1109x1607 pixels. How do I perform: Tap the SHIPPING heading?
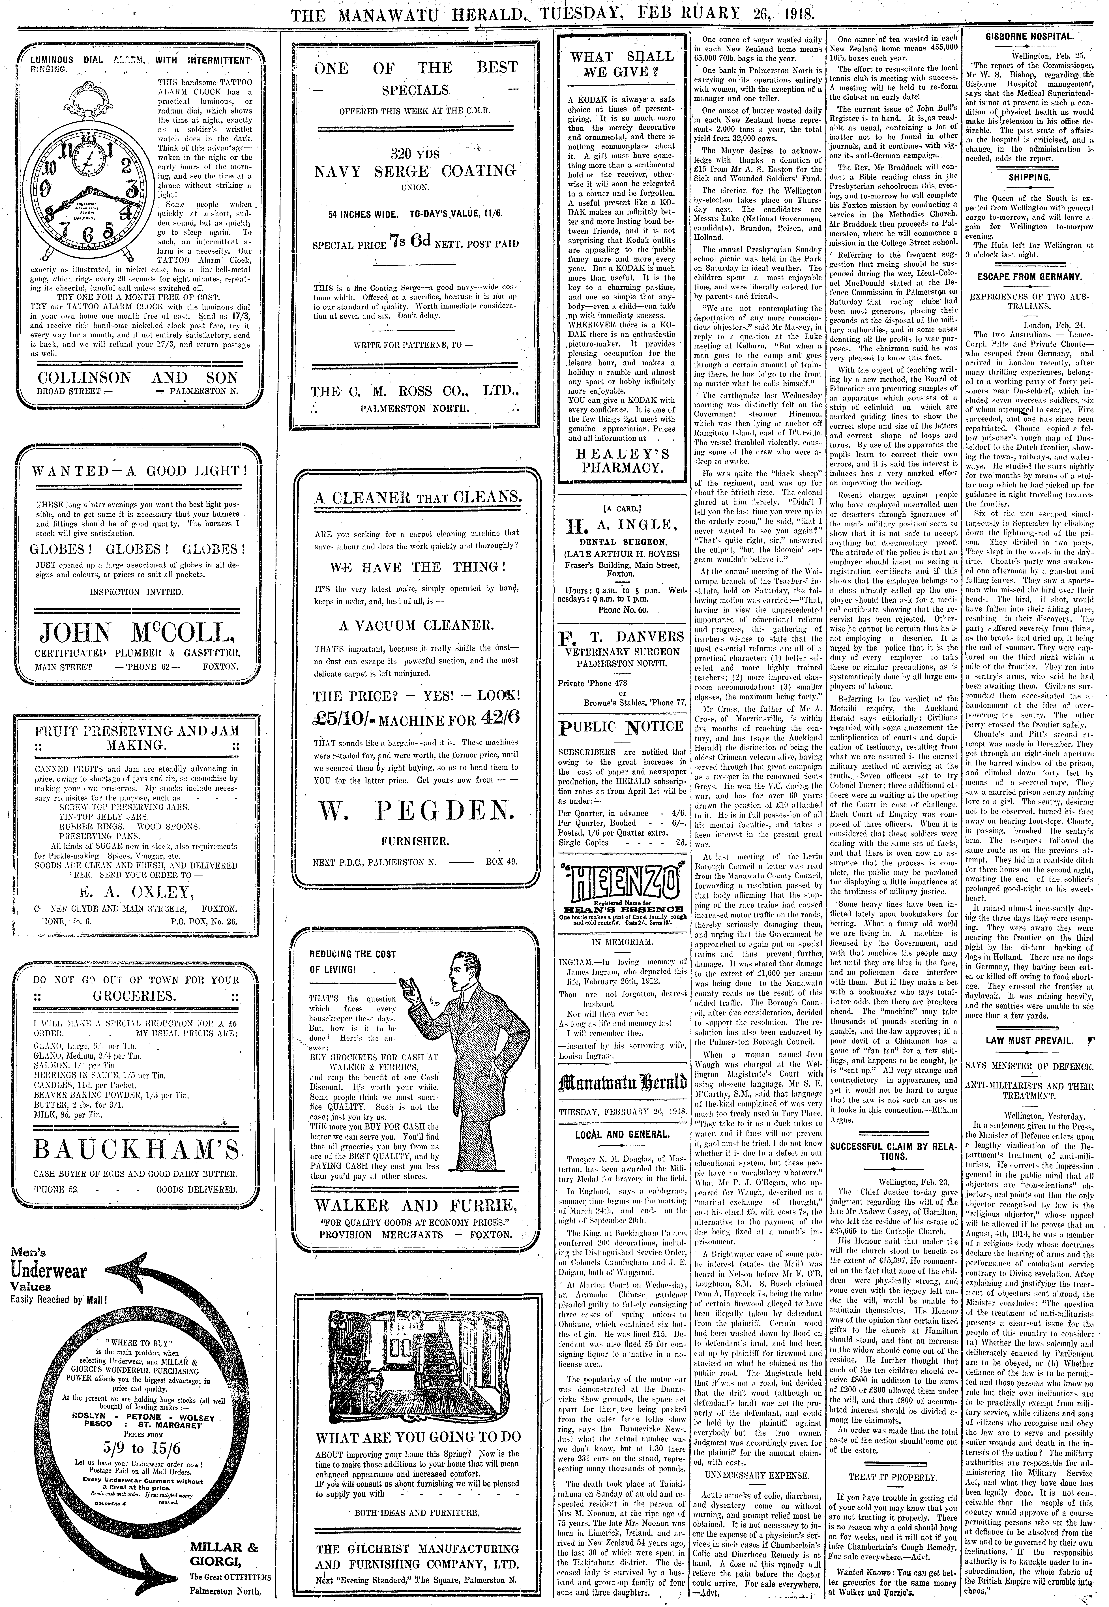coord(1029,177)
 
